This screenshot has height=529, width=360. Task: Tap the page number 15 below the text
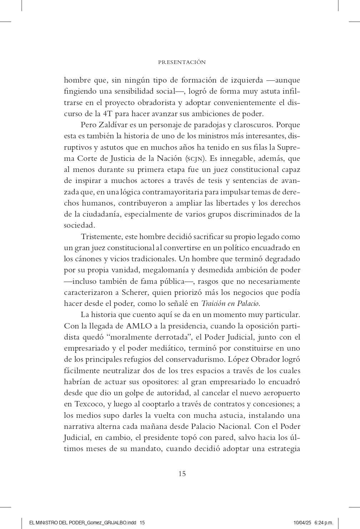point(182,474)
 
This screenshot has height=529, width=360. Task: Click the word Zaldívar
point(111,125)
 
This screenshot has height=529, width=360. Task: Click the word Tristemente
point(101,237)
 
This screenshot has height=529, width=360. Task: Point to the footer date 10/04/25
point(302,523)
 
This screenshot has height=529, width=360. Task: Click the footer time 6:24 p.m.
point(324,523)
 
